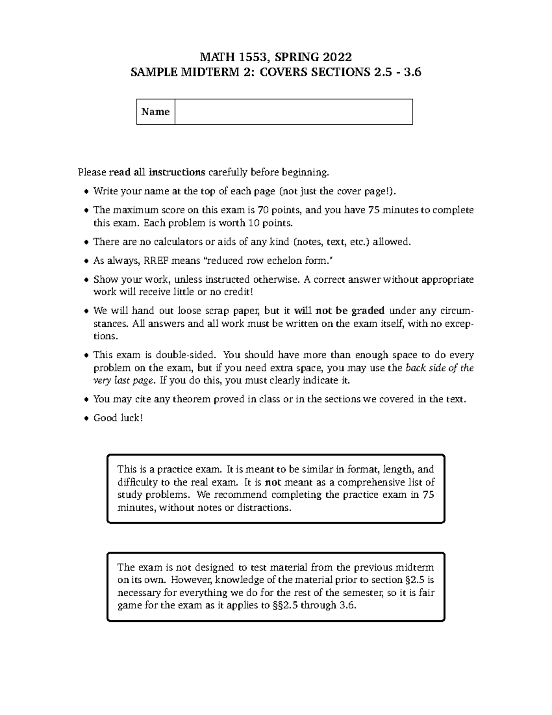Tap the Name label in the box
[x=155, y=112]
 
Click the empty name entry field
[x=293, y=112]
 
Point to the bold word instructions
[x=177, y=173]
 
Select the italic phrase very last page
[x=124, y=381]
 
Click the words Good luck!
[x=118, y=418]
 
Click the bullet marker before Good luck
[x=86, y=419]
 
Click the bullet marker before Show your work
[x=86, y=280]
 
